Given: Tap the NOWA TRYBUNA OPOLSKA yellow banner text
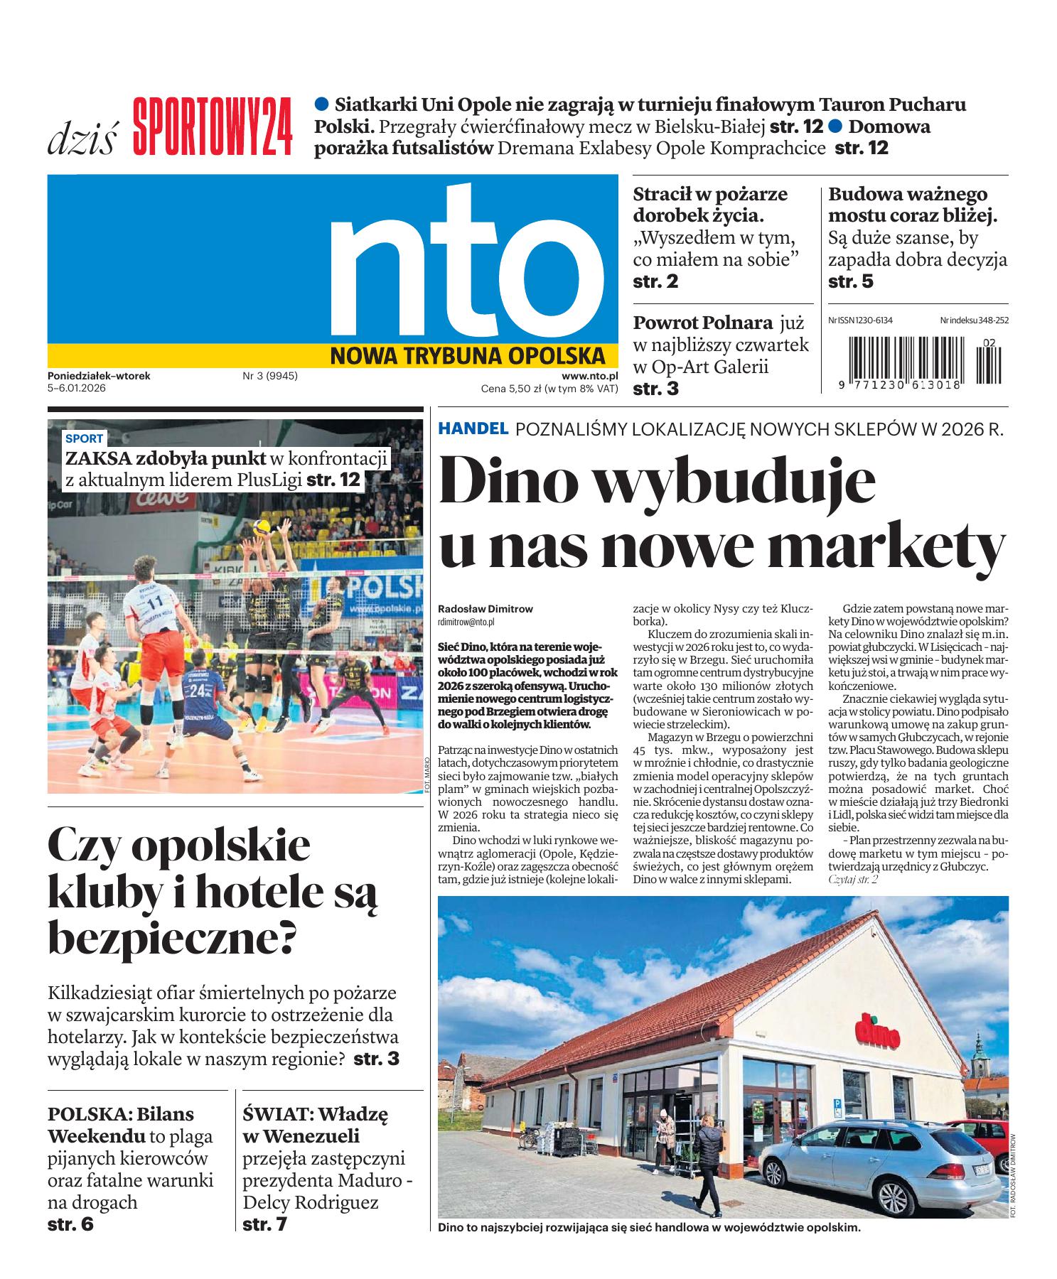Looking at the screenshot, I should [468, 355].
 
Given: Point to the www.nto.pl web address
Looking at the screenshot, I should [589, 376].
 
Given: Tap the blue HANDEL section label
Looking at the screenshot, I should [473, 428].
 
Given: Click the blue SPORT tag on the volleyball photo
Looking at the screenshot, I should [84, 438].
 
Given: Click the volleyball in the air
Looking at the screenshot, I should [262, 528].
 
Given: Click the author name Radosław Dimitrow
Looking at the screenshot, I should [485, 609].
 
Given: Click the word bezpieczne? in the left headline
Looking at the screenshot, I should [171, 938].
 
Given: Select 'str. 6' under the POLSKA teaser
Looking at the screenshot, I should [70, 1224].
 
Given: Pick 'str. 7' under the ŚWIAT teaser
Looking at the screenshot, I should [264, 1224].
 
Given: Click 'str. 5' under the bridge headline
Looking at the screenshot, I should [851, 281].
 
